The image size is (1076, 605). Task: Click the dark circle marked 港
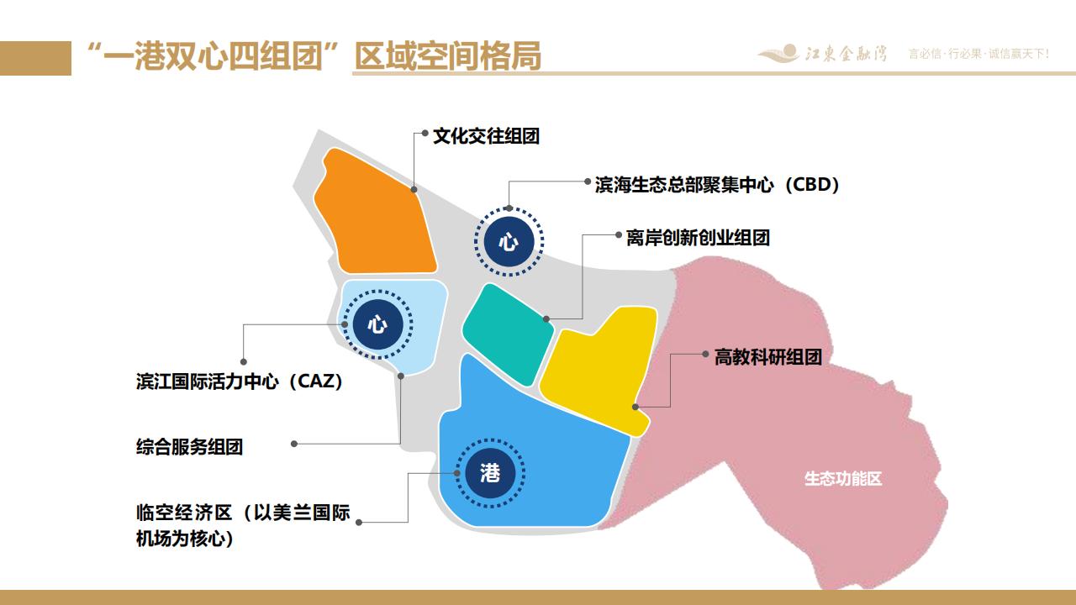490,473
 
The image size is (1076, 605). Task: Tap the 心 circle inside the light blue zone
377,324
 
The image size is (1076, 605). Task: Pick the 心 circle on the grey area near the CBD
509,241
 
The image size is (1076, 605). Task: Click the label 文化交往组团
486,136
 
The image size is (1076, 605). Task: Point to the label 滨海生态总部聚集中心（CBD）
717,185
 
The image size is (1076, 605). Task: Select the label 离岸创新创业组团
698,238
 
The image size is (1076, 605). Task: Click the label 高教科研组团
768,357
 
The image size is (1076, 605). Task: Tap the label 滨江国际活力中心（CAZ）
240,381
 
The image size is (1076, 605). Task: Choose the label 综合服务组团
190,447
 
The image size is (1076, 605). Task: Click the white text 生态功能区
843,479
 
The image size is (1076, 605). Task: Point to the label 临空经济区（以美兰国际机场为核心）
243,525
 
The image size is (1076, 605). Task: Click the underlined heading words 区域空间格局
448,56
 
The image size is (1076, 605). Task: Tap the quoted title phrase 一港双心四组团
214,56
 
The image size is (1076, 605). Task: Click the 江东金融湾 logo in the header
823,53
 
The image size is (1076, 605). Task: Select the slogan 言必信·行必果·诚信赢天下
978,54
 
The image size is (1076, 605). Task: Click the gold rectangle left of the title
35,58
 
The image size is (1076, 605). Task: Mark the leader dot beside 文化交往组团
425,133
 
